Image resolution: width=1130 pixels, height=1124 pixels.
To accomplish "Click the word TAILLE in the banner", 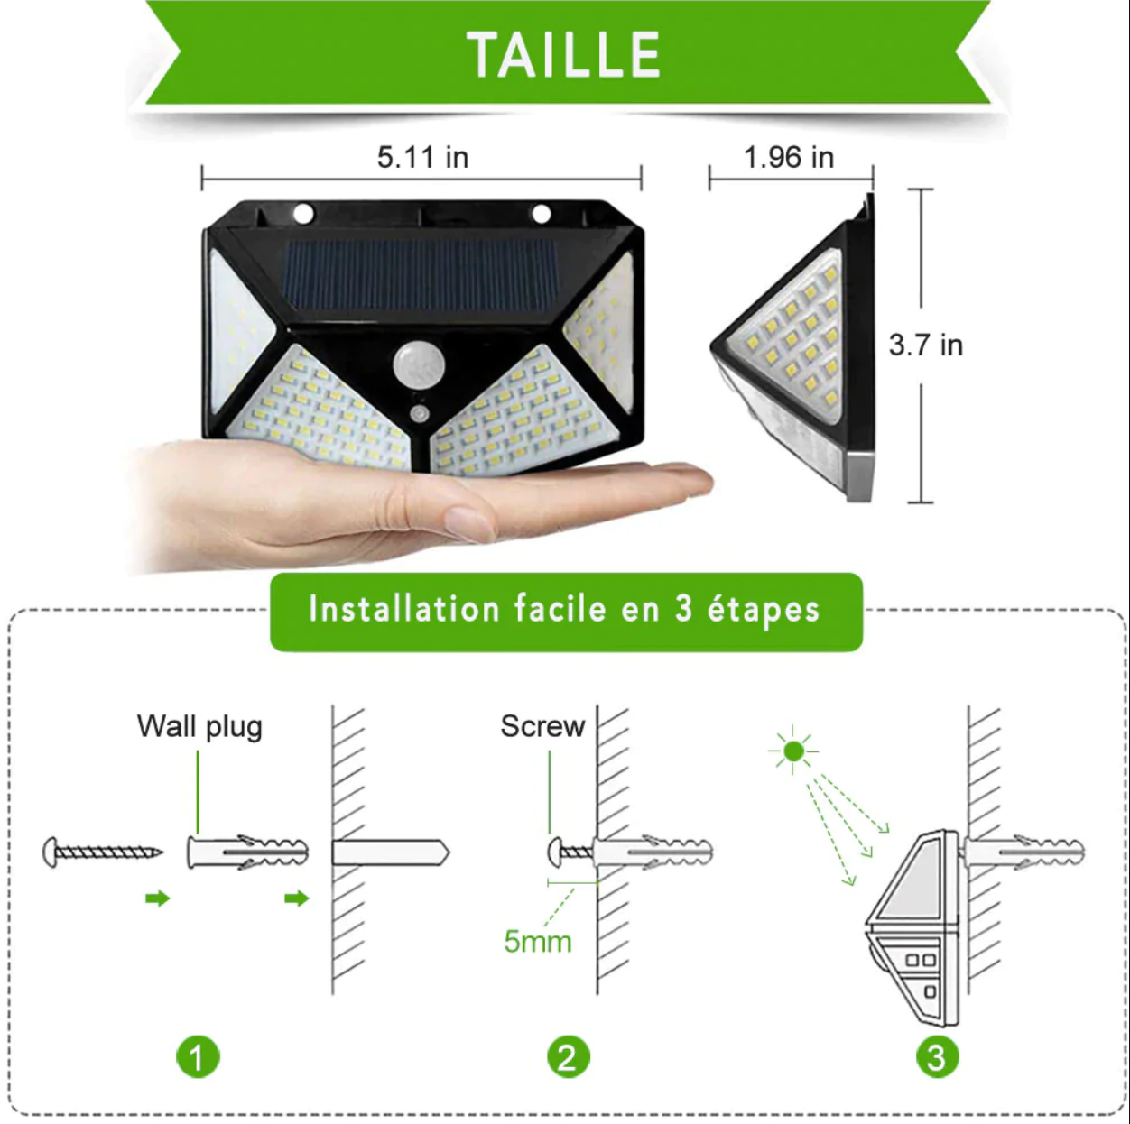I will [x=564, y=55].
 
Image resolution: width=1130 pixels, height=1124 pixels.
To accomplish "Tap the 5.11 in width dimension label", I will [x=422, y=157].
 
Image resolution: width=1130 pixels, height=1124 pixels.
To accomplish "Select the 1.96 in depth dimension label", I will [x=788, y=157].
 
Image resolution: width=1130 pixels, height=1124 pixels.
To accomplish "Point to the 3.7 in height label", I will [x=925, y=345].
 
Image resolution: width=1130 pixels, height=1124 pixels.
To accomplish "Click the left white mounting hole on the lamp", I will [x=303, y=214].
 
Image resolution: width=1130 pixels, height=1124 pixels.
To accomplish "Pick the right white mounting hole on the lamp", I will [x=542, y=214].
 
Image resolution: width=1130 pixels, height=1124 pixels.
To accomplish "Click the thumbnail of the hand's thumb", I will [x=468, y=522].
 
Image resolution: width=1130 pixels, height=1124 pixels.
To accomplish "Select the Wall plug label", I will [x=199, y=726].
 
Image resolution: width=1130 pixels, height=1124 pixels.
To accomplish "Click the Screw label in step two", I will [x=542, y=726].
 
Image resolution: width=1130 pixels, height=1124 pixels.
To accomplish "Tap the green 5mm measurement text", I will [x=537, y=942].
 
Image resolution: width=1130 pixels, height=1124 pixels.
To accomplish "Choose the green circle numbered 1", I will [x=198, y=1057].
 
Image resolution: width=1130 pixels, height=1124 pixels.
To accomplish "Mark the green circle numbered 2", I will [x=568, y=1057].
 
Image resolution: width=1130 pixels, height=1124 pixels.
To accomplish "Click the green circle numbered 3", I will [x=937, y=1057].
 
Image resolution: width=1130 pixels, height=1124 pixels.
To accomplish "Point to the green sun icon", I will [x=793, y=751].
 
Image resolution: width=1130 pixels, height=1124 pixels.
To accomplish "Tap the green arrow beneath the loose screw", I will [x=157, y=898].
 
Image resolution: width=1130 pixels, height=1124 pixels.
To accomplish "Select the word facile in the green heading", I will [x=560, y=610].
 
